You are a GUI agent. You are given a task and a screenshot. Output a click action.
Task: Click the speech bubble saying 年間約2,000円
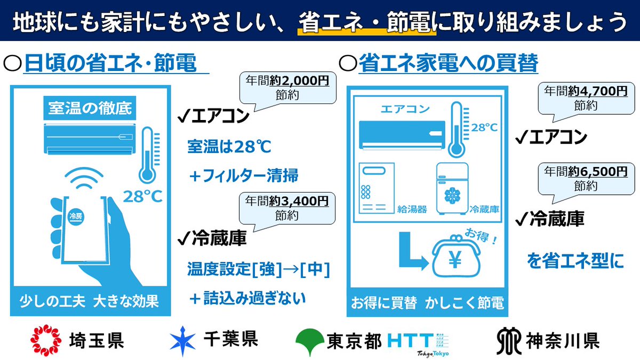(x=287, y=87)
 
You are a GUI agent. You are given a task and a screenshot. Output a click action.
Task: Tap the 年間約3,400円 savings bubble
(x=287, y=208)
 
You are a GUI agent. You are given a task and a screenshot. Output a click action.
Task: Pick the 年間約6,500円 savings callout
(x=585, y=178)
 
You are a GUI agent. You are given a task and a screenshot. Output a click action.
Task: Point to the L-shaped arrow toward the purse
(x=411, y=254)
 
